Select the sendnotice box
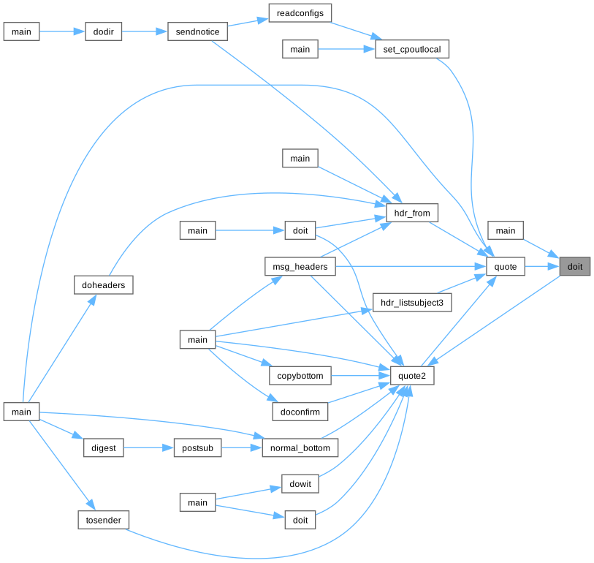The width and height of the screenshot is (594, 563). (x=197, y=32)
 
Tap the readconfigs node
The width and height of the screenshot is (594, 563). (x=300, y=13)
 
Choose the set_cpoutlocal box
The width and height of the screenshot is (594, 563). (x=412, y=50)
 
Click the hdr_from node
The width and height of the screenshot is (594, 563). (x=412, y=213)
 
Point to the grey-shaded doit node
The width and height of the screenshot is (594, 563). (x=575, y=267)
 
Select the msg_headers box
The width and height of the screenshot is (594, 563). (x=300, y=267)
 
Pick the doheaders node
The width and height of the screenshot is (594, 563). (x=104, y=284)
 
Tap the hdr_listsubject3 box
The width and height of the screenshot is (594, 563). (x=413, y=302)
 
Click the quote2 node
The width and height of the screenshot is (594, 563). (x=413, y=375)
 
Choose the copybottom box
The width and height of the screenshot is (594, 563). (x=300, y=376)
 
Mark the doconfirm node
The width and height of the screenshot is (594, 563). (x=300, y=412)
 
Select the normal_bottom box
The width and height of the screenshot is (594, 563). (x=300, y=447)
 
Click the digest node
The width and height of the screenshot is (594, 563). (x=104, y=447)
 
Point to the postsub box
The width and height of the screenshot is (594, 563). (x=197, y=447)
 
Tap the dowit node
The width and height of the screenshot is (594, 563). (x=300, y=484)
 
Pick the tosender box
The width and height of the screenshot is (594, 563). (x=104, y=520)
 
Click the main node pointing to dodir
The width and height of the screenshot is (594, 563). (x=21, y=32)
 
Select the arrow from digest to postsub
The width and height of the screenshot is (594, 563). (x=148, y=447)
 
